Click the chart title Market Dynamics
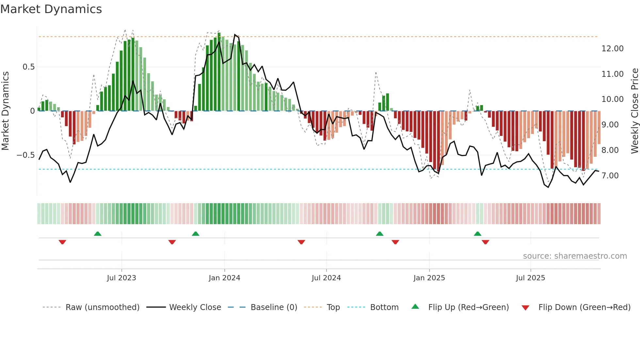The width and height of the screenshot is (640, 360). pos(51,9)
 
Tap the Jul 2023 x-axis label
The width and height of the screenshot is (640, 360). pos(121,278)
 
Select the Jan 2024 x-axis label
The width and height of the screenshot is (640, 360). pos(224,278)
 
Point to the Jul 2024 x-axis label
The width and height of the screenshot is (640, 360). pos(326,278)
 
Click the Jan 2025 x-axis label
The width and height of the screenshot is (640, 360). pos(429,278)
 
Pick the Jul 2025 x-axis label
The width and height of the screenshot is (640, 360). pos(530,278)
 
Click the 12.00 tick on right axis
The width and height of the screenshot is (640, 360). pos(612,48)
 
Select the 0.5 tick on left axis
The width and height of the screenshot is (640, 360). pos(28,67)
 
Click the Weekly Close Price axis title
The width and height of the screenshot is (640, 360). pos(634,111)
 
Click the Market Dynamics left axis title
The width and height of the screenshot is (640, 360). pos(5,111)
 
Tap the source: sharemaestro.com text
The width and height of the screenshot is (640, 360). pos(575,256)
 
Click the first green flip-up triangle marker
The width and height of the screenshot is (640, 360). pos(98,234)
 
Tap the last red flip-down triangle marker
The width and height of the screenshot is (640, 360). pos(485,242)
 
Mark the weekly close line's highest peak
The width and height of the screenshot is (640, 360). pos(235,34)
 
